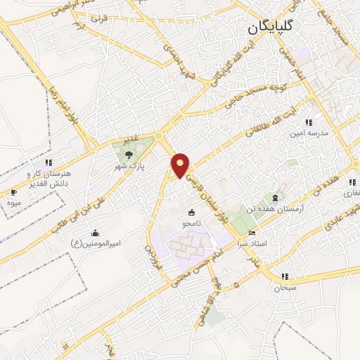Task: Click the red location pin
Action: pyautogui.click(x=181, y=165)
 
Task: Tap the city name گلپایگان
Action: pyautogui.click(x=271, y=29)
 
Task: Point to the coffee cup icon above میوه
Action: pyautogui.click(x=13, y=193)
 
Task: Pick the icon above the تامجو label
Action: pyautogui.click(x=191, y=212)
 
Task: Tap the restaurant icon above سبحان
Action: pyautogui.click(x=284, y=277)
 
